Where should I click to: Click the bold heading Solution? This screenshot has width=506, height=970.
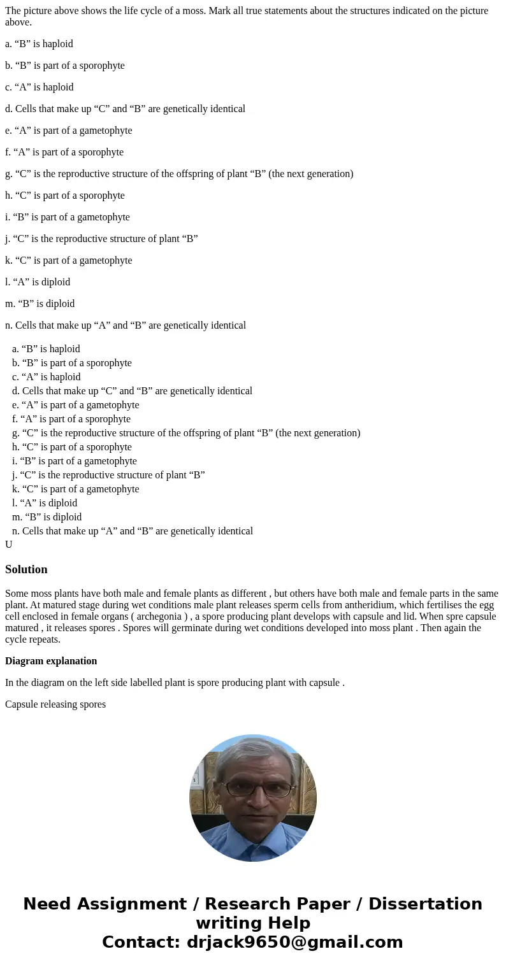(26, 569)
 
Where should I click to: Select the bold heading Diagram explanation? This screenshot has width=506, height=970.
(51, 661)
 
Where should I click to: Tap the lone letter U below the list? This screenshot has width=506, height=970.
(9, 545)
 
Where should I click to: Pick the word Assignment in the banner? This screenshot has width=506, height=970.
(132, 904)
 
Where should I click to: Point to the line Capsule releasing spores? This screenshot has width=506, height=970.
(55, 704)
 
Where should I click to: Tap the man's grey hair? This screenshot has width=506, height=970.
(254, 752)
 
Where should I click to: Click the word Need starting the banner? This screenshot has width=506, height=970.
(47, 904)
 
